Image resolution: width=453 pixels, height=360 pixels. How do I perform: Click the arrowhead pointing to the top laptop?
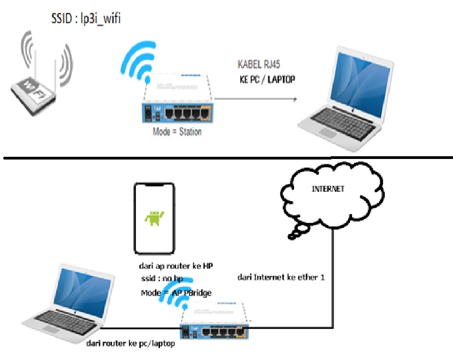294,99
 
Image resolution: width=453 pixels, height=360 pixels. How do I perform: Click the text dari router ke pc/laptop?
130,345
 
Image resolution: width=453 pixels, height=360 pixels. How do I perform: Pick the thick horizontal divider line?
226,158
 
